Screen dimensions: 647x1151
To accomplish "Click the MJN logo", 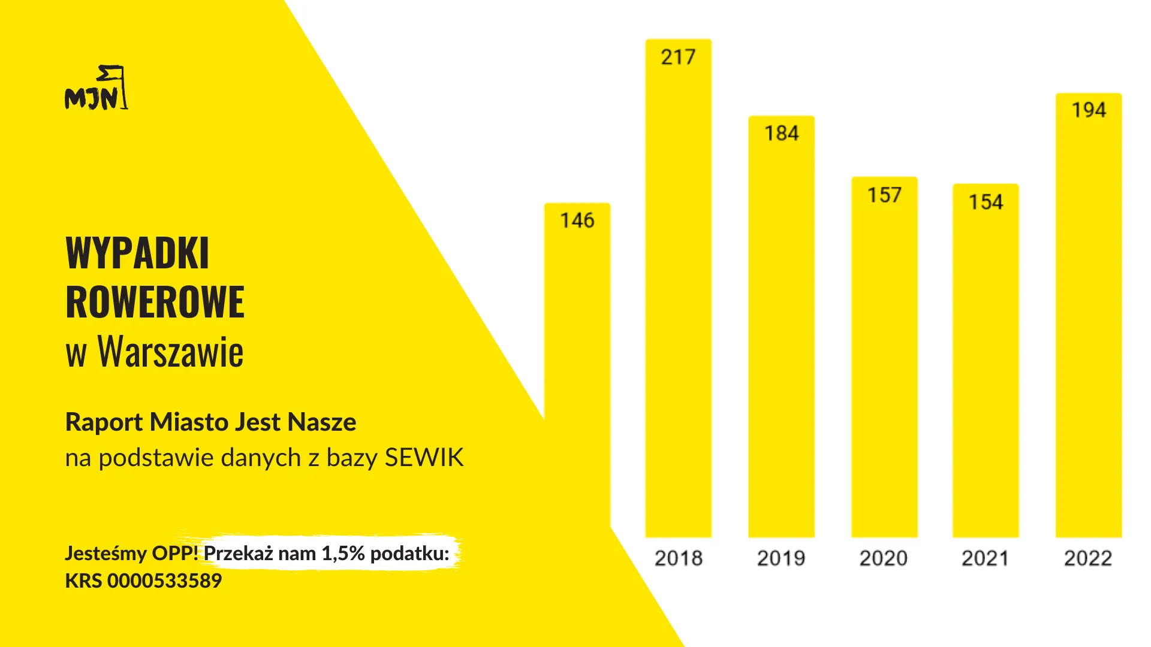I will coord(96,89).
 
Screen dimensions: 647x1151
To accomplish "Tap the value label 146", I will coord(577,220).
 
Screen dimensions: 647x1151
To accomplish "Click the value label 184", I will coord(781,133).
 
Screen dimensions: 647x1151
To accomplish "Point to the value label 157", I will coord(884,195).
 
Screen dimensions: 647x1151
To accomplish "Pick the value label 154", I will coord(986,202).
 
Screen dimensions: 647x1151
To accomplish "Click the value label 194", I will coord(1089,110).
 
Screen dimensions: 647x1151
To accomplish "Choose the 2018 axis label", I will coord(678,558).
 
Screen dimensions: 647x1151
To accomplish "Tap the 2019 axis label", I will coord(781,558).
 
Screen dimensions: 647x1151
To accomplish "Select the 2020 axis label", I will coord(883,558).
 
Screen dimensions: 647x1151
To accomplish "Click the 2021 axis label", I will coord(985,558).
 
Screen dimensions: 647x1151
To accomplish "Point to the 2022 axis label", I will coord(1087,558).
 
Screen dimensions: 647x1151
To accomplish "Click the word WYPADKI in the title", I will coord(137,253).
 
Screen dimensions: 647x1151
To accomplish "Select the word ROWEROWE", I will coord(155,303).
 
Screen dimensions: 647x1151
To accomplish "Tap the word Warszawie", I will coord(171,352).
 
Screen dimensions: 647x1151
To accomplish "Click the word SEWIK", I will coord(424,458).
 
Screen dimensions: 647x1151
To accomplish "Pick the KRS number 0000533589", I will coord(164,581).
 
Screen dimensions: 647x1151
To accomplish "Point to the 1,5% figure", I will coord(343,554).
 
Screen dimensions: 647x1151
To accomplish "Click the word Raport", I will coord(104,422).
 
